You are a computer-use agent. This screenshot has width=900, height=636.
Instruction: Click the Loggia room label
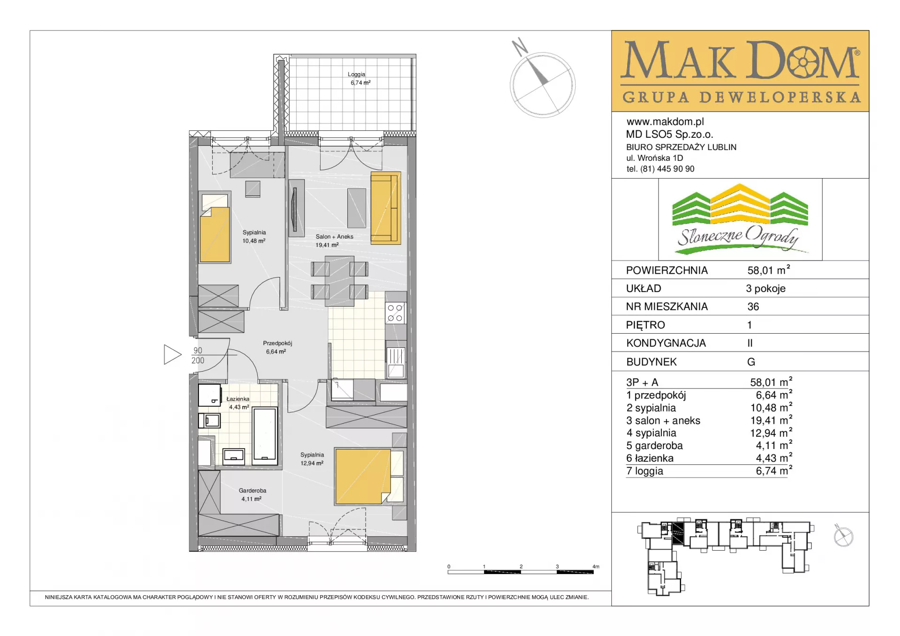(x=357, y=75)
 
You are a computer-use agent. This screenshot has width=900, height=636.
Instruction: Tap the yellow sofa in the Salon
(x=386, y=208)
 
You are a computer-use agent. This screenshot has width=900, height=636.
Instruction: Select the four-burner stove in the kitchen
(x=395, y=313)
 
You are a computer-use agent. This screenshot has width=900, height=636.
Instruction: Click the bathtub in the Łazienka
(x=265, y=436)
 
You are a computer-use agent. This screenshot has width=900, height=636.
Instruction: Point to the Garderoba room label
(x=252, y=491)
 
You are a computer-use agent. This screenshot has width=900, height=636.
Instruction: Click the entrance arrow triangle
(x=172, y=354)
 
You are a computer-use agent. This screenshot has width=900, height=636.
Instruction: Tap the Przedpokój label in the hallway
(x=277, y=343)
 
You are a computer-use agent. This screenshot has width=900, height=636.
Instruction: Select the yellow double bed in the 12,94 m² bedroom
(x=363, y=476)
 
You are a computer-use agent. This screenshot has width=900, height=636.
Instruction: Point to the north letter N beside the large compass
(x=519, y=47)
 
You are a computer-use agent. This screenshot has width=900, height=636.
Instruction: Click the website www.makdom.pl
(x=665, y=122)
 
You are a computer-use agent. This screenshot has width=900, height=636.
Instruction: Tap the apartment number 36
(x=753, y=307)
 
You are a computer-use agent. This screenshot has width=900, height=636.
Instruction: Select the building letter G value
(x=751, y=362)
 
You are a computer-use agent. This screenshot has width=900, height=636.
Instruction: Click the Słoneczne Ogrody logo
(x=740, y=219)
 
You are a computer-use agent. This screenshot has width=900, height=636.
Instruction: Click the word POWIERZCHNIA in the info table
(x=667, y=270)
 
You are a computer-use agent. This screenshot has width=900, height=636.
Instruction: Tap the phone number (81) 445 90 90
(x=667, y=169)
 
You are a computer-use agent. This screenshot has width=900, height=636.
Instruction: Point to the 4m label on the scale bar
(x=596, y=566)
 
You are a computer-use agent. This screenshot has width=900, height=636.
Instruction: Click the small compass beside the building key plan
(x=843, y=536)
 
